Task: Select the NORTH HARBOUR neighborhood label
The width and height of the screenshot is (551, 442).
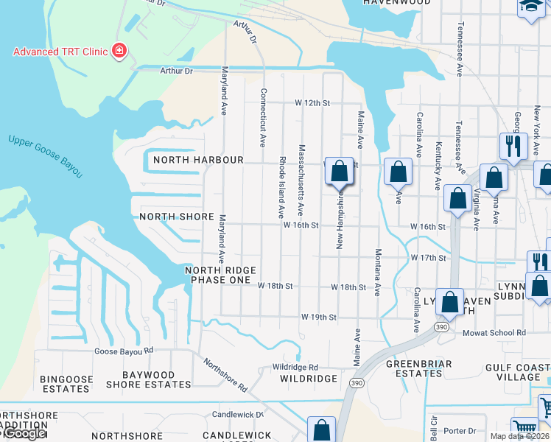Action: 197,160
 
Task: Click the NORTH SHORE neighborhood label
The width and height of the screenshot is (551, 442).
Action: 177,217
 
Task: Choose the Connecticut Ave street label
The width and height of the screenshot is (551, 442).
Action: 262,118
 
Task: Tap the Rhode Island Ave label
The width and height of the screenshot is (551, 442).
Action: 281,187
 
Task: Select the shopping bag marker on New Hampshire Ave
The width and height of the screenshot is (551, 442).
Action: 339,172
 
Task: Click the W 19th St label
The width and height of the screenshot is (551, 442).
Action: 318,317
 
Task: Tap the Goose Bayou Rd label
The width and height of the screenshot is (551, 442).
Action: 123,351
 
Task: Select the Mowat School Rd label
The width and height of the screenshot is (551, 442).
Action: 494,333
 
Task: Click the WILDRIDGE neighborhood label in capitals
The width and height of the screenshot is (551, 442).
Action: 308,379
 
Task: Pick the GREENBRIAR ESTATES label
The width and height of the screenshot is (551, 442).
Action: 414,368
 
